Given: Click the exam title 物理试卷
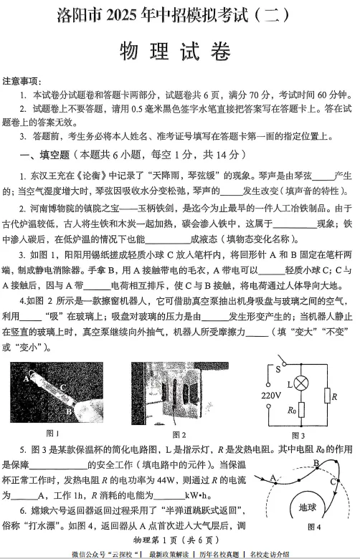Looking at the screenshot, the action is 179,51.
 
